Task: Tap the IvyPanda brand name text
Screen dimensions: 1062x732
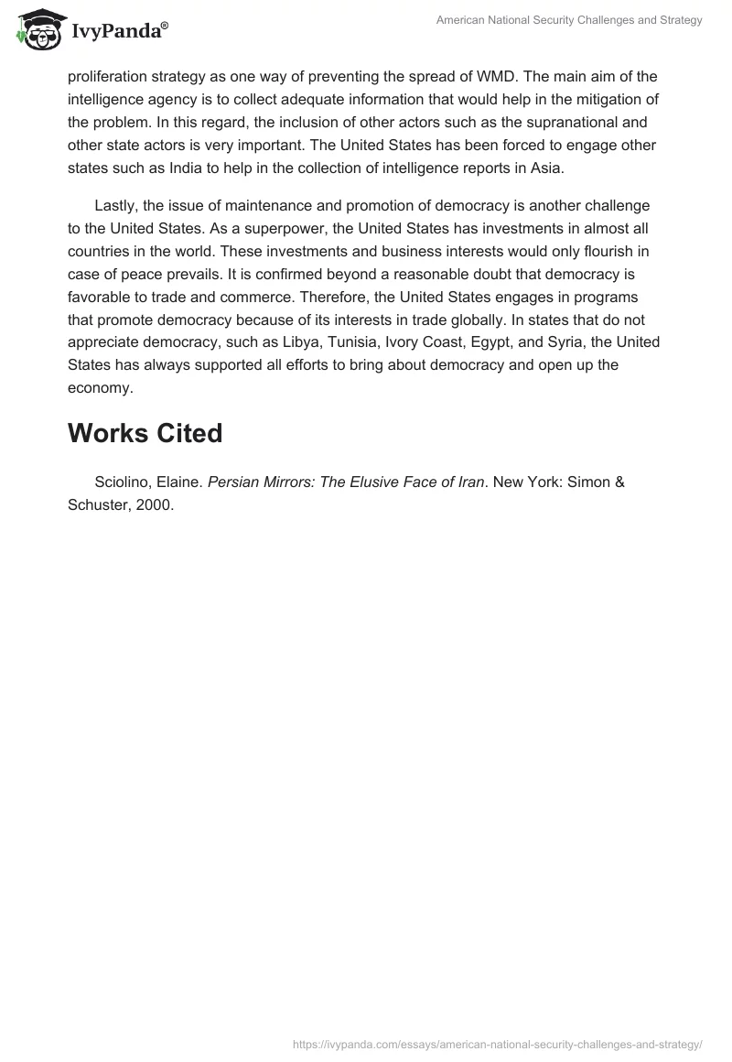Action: point(118,32)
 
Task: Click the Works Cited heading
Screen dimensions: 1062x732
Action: point(145,433)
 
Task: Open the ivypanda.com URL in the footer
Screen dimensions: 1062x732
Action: point(497,1044)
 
